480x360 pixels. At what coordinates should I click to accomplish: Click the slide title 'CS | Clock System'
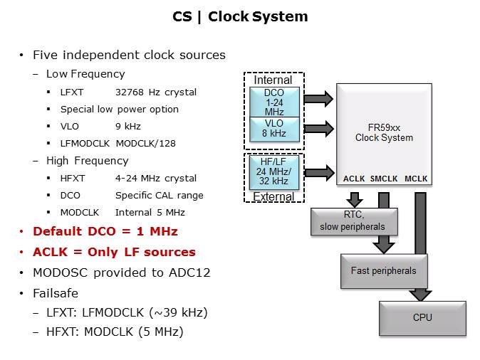(240, 16)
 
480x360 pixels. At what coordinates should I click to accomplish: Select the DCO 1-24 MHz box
(273, 102)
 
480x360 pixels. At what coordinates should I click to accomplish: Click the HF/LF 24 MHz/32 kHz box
(273, 171)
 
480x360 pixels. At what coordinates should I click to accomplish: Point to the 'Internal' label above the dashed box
(273, 80)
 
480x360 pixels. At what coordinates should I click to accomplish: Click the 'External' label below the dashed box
(273, 196)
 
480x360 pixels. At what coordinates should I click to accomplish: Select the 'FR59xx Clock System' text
(384, 132)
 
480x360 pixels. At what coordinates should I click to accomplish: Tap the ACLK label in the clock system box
(354, 179)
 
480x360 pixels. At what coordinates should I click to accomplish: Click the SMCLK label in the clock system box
(384, 179)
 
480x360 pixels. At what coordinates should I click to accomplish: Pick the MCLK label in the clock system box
(416, 179)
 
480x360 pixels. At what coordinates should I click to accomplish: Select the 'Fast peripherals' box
(384, 270)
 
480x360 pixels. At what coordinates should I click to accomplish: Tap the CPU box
(422, 317)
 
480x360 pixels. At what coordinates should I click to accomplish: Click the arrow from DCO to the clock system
(318, 98)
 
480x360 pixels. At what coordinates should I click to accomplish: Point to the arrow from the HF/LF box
(318, 171)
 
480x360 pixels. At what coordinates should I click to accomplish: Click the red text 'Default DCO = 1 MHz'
(105, 231)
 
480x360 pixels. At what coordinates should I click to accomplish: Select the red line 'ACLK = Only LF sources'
(114, 252)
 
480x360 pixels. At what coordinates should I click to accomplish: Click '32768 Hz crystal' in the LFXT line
(155, 92)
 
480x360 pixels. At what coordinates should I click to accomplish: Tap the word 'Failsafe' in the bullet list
(55, 292)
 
